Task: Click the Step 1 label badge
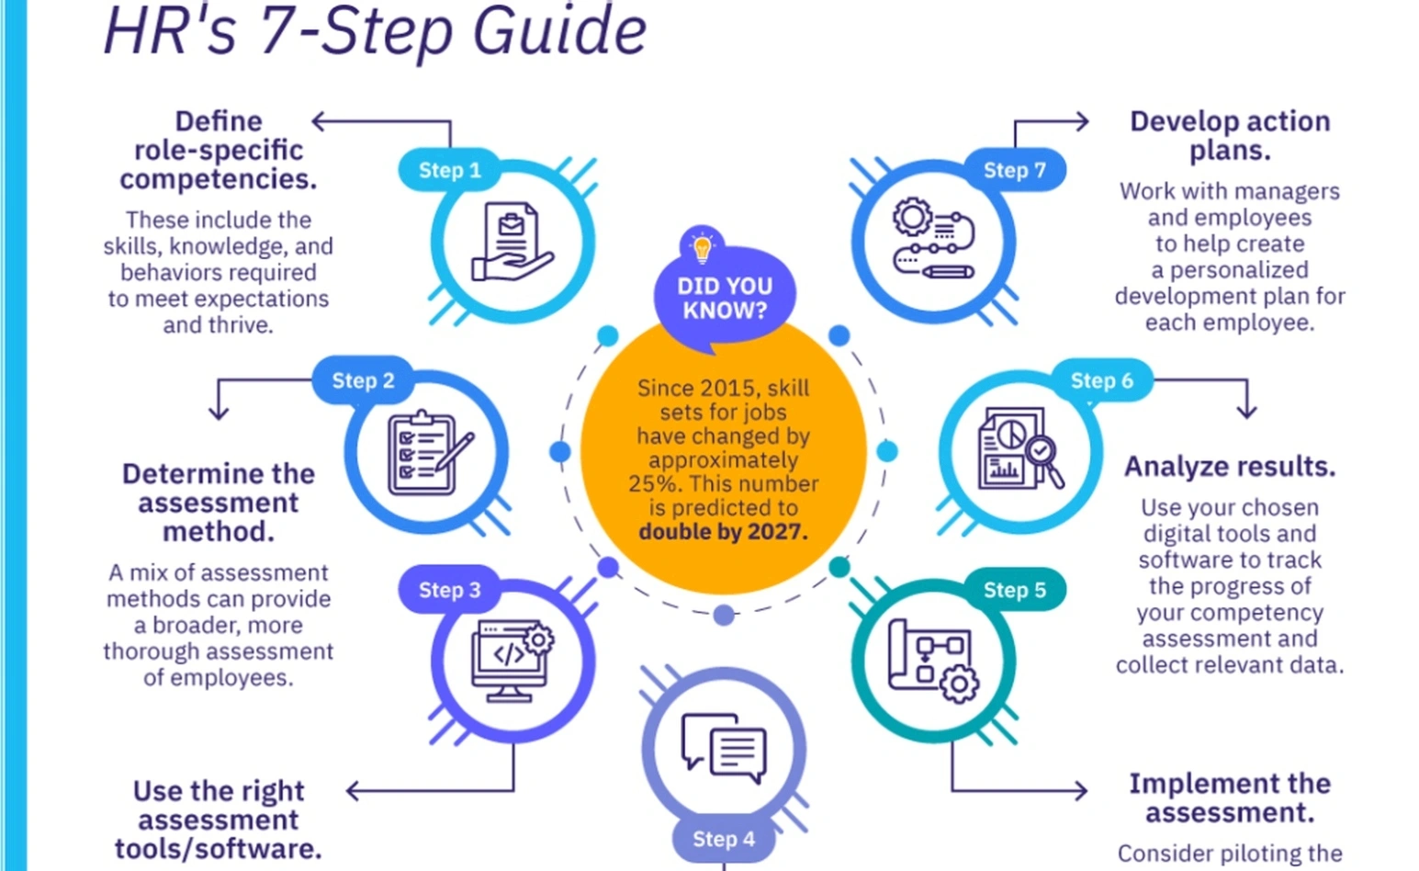pos(449,170)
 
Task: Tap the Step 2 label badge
pos(363,380)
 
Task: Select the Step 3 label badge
pos(449,590)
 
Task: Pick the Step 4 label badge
pos(723,838)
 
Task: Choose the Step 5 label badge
pos(1014,590)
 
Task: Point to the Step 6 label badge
pos(1101,380)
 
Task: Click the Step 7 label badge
pos(1014,170)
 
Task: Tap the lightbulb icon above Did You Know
pos(702,246)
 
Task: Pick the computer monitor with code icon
pos(511,661)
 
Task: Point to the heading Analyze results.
pos(1229,467)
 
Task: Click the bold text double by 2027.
pos(723,532)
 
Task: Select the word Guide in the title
pos(559,31)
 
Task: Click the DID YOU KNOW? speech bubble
pos(724,299)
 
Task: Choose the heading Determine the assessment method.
pos(219,502)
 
